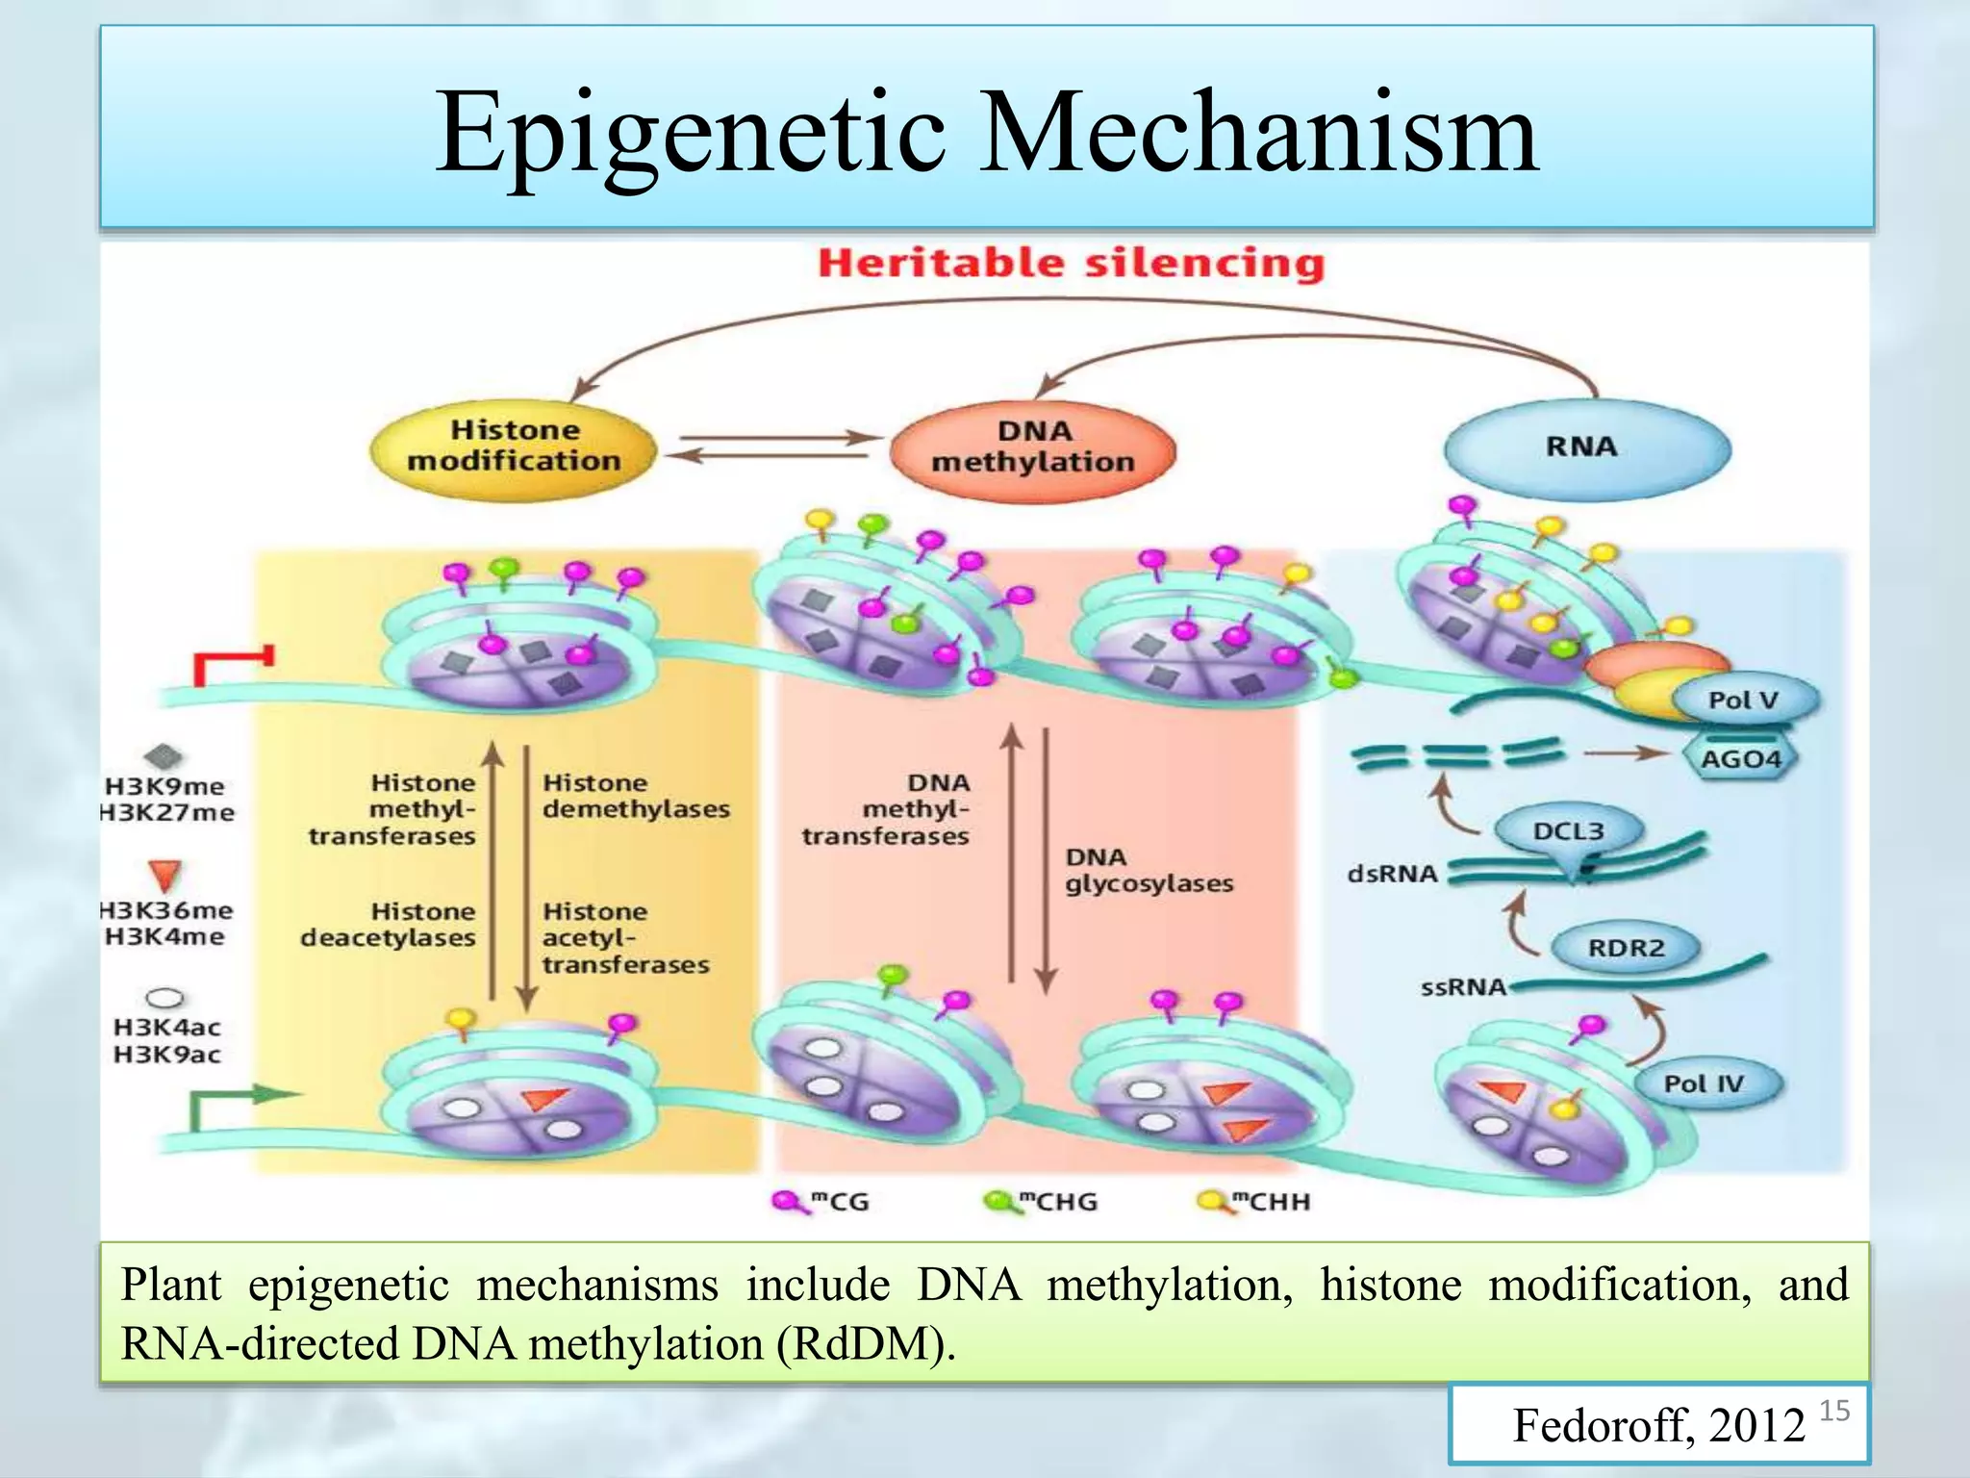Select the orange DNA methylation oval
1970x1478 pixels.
click(1033, 447)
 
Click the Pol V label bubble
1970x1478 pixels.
click(1744, 700)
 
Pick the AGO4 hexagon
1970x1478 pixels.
click(1741, 758)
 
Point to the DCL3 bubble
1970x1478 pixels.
click(1568, 830)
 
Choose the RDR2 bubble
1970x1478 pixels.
click(1626, 948)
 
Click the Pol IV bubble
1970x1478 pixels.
click(1704, 1083)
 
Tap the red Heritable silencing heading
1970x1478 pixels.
click(1071, 263)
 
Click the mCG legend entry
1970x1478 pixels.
click(822, 1202)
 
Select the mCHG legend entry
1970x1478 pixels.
click(1041, 1202)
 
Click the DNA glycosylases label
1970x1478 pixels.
click(1148, 870)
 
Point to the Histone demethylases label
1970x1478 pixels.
click(635, 796)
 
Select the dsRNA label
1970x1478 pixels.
click(1392, 874)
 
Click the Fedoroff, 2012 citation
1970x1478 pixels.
click(1658, 1425)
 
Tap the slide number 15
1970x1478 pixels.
click(1834, 1411)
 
